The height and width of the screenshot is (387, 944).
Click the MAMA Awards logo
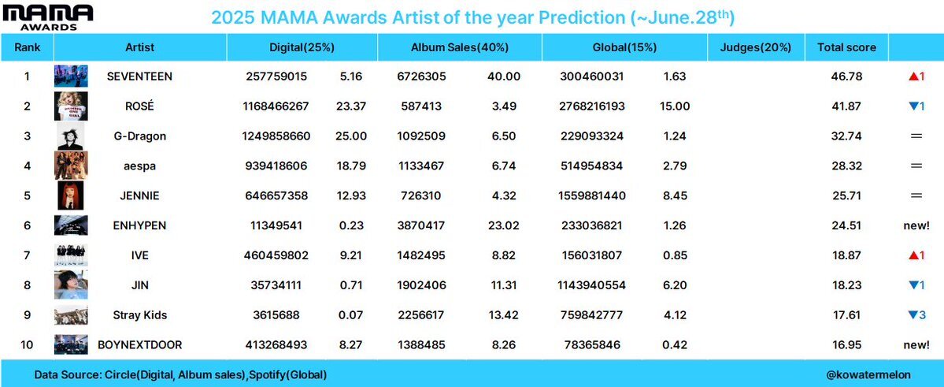(47, 17)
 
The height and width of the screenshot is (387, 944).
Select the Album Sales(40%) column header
(459, 47)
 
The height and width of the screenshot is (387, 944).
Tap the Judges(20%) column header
(756, 47)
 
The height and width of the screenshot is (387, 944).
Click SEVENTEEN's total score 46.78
(846, 76)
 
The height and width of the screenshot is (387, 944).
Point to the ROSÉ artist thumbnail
(71, 106)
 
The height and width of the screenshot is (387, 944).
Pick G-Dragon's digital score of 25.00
(351, 136)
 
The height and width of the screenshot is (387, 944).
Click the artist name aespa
(139, 166)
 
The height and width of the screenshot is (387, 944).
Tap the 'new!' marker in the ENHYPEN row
(916, 225)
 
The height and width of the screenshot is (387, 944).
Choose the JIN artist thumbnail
(71, 285)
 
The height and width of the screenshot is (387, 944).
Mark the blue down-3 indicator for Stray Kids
(916, 315)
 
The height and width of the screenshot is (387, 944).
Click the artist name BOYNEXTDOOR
(139, 345)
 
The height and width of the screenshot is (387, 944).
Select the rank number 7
(27, 255)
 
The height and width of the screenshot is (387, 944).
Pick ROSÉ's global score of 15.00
(674, 106)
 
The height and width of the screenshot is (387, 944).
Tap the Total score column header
(846, 47)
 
